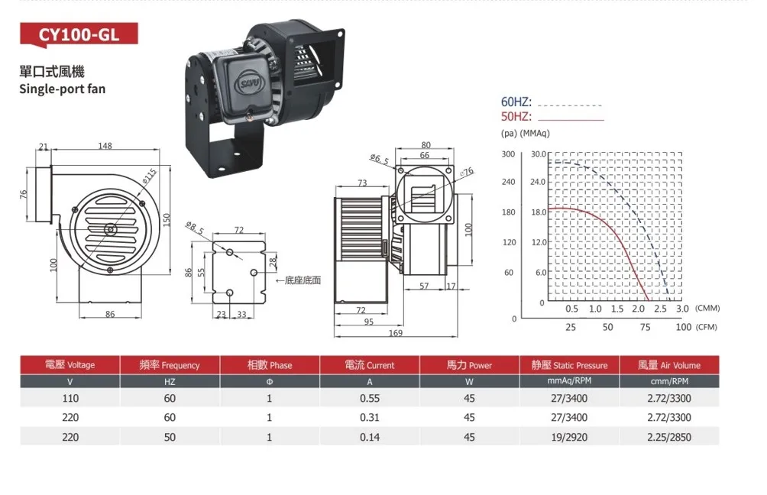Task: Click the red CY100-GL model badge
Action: (79, 34)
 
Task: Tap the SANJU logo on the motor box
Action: (251, 82)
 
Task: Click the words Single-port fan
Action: (62, 89)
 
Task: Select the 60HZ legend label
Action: (516, 102)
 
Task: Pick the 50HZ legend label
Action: (516, 116)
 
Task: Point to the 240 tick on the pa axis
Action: (508, 182)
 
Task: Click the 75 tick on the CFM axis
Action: (646, 327)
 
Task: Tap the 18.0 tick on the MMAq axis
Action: (538, 212)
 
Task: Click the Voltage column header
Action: (70, 365)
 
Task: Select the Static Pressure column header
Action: (569, 365)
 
